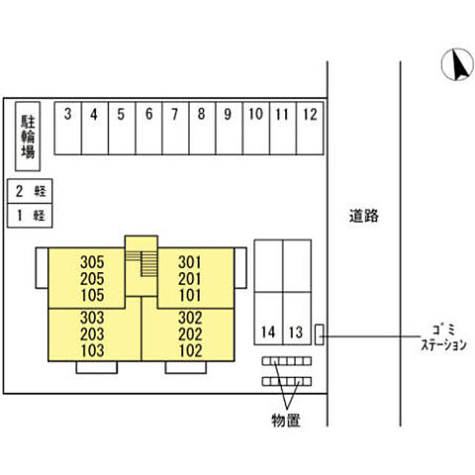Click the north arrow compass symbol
(457, 64)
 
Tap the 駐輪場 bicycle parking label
(28, 137)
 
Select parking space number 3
(68, 128)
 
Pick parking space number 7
(175, 128)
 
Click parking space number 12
(310, 128)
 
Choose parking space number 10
(256, 128)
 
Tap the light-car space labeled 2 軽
(30, 191)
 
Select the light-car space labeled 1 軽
(30, 216)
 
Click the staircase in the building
(142, 263)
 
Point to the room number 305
(92, 262)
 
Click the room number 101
(190, 295)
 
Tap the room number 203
(92, 334)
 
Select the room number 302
(190, 318)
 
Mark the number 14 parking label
(268, 332)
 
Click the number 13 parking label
(296, 332)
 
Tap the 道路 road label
(364, 216)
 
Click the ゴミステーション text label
(444, 337)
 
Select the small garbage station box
(319, 334)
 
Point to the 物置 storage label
(286, 421)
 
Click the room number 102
(190, 350)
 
